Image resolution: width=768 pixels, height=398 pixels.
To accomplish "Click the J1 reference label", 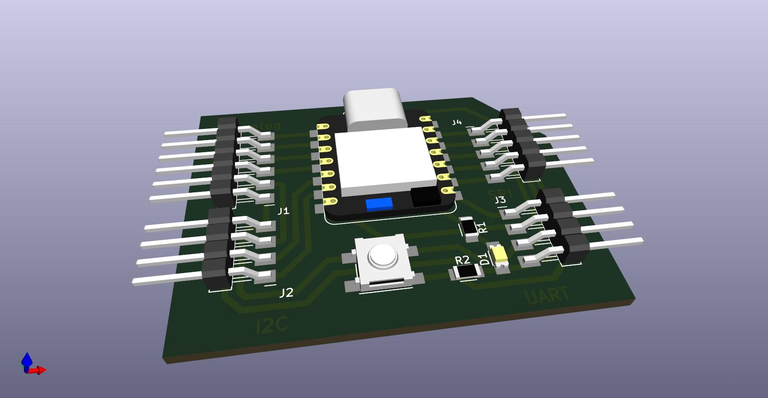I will [283, 211].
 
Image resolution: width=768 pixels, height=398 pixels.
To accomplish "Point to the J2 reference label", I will [286, 293].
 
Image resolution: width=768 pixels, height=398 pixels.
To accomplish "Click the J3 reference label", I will [500, 200].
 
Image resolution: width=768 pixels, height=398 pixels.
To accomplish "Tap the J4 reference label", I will [456, 122].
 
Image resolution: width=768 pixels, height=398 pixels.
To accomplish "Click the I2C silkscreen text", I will [272, 325].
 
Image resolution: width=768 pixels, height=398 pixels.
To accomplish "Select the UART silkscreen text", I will [547, 296].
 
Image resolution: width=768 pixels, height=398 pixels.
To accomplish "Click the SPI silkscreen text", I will [500, 193].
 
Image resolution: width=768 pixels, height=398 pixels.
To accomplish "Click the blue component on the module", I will [379, 204].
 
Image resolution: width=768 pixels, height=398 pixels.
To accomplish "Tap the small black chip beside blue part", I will [426, 197].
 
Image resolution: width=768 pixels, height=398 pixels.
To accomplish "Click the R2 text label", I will [462, 260].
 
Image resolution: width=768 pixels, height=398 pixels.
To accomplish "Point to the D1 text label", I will [483, 259].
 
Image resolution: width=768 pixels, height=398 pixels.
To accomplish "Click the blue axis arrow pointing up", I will [27, 359].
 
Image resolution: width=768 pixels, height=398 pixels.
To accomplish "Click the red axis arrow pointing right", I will [40, 370].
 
